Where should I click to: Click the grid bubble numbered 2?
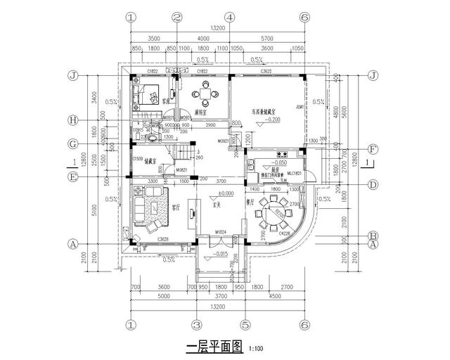(x=177, y=17)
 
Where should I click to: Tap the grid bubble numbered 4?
(x=229, y=17)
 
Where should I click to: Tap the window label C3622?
(x=266, y=72)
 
